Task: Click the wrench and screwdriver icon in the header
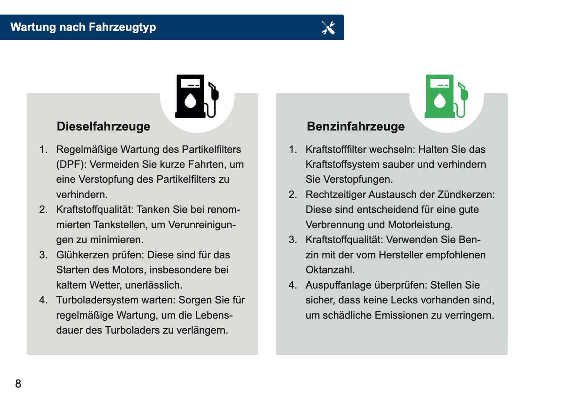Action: pyautogui.click(x=328, y=28)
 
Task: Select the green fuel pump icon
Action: pyautogui.click(x=446, y=97)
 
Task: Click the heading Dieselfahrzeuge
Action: pyautogui.click(x=103, y=126)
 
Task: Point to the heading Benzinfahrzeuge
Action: pyautogui.click(x=356, y=126)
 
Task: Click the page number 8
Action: pyautogui.click(x=18, y=383)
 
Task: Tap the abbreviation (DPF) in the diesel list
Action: pyautogui.click(x=71, y=165)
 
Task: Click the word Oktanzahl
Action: pyautogui.click(x=330, y=270)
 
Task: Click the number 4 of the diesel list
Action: pyautogui.click(x=43, y=300)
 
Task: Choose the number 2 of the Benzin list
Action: pyautogui.click(x=292, y=194)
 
